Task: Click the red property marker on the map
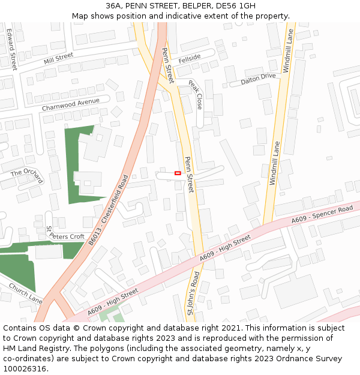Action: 178,173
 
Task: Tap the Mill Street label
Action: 58,58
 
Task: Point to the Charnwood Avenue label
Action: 70,104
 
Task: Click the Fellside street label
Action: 189,58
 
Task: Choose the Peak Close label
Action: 195,95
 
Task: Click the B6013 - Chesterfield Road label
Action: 109,209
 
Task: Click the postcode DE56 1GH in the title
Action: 235,5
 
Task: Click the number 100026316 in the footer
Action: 26,368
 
